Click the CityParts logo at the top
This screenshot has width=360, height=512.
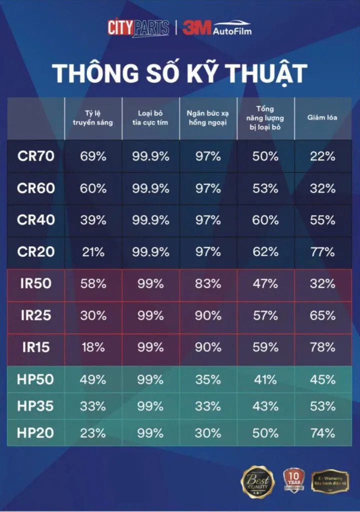[x=138, y=27]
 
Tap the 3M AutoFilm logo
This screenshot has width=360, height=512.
[x=216, y=27]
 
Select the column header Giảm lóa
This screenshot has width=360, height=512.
[x=322, y=118]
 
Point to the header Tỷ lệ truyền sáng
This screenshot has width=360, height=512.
[x=93, y=118]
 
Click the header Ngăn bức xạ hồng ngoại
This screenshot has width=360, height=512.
[x=208, y=118]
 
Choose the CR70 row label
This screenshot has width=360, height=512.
[x=35, y=156]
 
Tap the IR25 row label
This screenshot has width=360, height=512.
[x=35, y=315]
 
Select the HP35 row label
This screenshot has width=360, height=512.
[x=35, y=406]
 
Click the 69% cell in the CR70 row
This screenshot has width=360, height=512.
[x=93, y=156]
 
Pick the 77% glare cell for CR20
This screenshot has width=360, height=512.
[x=322, y=252]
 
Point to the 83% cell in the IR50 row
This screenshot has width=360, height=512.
[x=208, y=283]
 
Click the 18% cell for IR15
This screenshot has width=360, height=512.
[x=93, y=347]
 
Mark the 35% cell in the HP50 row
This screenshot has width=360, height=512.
[x=208, y=379]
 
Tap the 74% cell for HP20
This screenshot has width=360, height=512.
[x=322, y=433]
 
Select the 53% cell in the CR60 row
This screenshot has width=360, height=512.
[x=265, y=188]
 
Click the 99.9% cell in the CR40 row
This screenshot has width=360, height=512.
[x=150, y=220]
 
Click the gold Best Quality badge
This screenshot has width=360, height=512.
[x=257, y=481]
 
